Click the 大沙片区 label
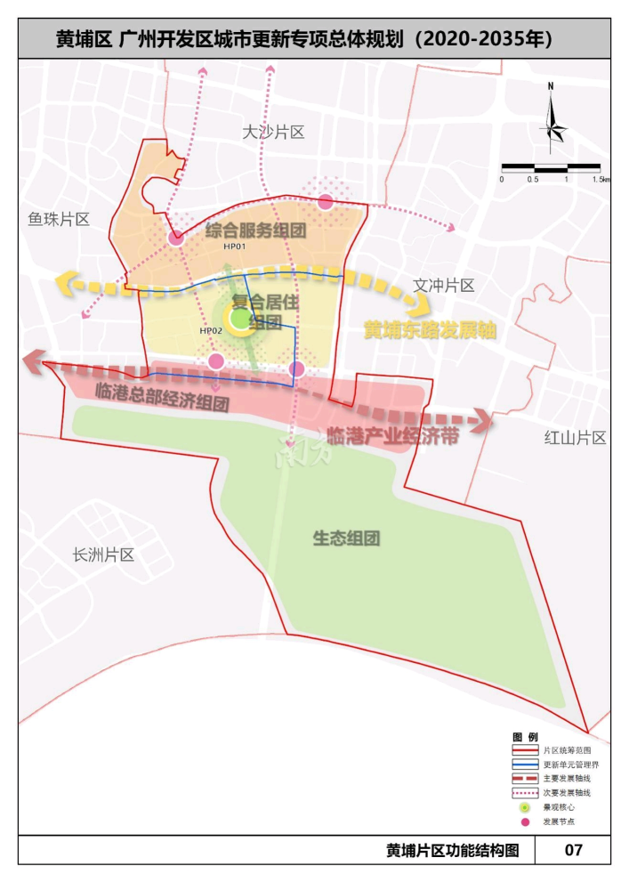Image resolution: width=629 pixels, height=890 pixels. pos(273,133)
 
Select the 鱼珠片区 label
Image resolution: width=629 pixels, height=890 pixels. pos(59,219)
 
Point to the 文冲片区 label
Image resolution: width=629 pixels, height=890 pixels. pos(444,286)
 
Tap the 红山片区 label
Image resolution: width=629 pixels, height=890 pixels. pos(575,437)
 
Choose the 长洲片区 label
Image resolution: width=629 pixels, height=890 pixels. pos(103,554)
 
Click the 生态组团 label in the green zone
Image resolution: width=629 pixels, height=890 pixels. pos(346,538)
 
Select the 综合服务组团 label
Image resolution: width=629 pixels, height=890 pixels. pos(256,230)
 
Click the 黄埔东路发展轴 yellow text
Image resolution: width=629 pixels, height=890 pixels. pos(429,329)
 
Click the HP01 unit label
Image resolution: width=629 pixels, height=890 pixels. pos(234,247)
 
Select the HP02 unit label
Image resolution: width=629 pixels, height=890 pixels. pos(211,331)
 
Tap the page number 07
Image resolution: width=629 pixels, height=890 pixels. pos(574,850)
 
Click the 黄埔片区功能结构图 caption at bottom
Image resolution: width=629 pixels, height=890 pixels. pos(452,850)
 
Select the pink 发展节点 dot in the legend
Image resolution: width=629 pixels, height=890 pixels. pos(525,821)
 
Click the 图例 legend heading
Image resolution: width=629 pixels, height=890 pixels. pos(526,737)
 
